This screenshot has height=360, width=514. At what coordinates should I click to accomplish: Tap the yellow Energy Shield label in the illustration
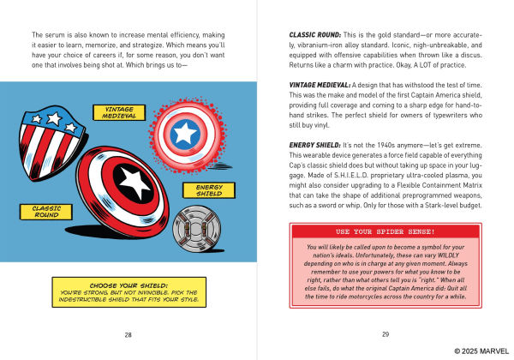pyautogui.click(x=209, y=191)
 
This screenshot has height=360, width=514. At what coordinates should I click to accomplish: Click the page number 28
pyautogui.click(x=127, y=334)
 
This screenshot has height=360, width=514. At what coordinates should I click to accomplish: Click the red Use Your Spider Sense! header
pyautogui.click(x=386, y=231)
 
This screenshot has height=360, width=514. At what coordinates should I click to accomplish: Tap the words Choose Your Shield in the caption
pyautogui.click(x=125, y=285)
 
